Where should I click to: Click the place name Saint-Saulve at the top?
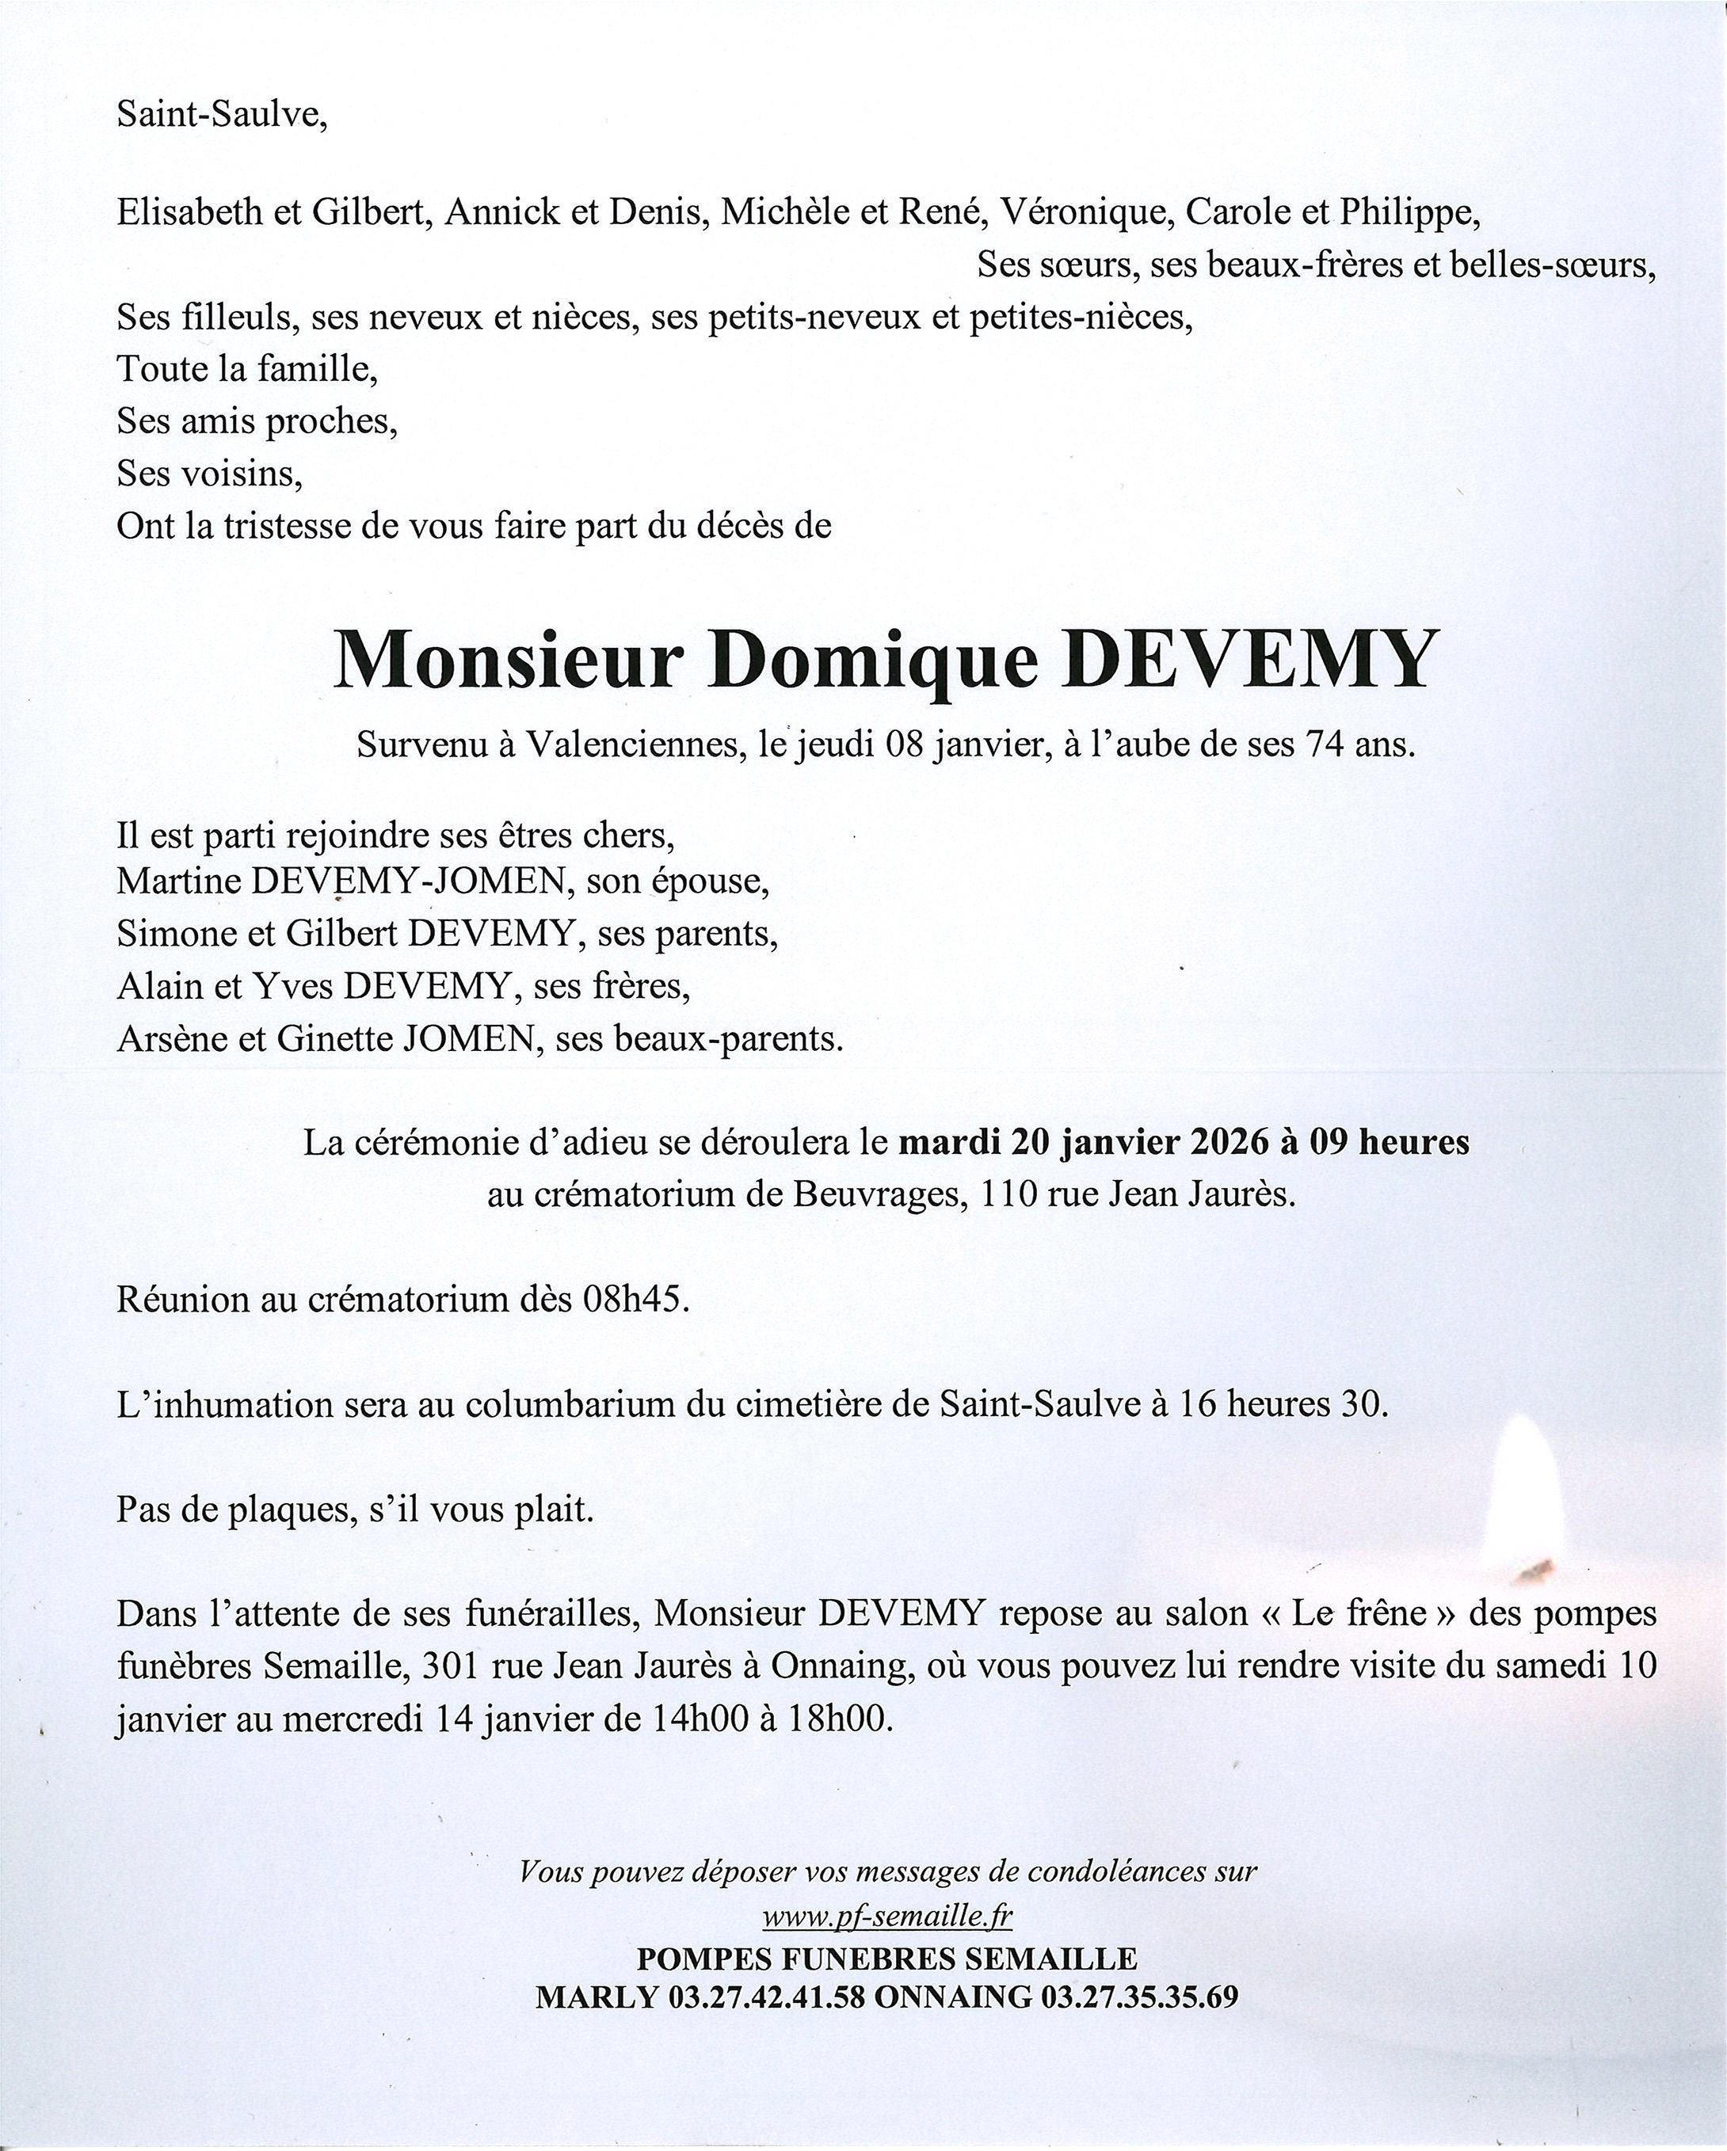(222, 116)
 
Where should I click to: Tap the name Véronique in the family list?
(1085, 211)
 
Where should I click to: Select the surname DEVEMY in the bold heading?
(1248, 661)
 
